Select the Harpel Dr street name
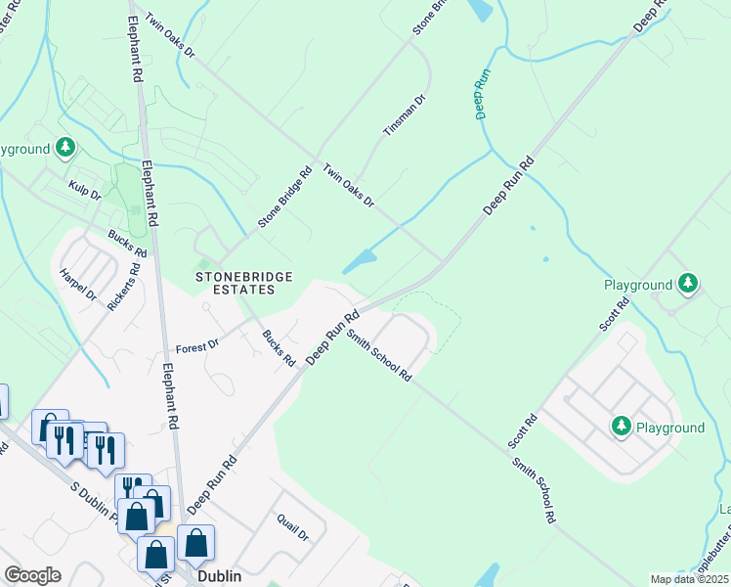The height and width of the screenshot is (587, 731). click(x=78, y=284)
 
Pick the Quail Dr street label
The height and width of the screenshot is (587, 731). click(x=292, y=529)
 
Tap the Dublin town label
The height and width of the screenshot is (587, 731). click(x=219, y=577)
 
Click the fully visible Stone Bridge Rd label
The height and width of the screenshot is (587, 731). click(x=284, y=197)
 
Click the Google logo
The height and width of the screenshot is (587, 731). click(x=32, y=575)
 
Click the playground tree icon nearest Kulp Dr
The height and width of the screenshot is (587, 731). click(x=65, y=149)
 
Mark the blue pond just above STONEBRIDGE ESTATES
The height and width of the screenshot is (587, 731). click(x=360, y=261)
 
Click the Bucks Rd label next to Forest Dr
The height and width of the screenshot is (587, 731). click(x=279, y=347)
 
